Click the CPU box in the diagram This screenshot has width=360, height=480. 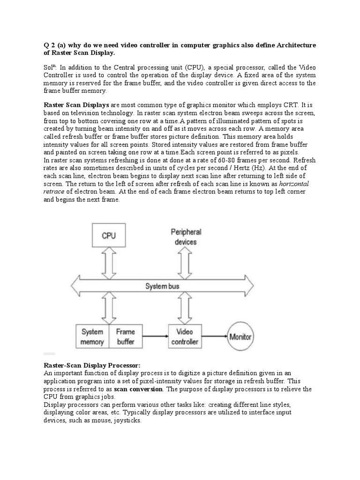[x=109, y=236]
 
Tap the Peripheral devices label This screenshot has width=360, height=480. [x=186, y=237]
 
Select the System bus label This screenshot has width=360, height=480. [x=162, y=286]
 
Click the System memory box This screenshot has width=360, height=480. [x=92, y=337]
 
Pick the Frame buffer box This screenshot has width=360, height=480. [x=125, y=337]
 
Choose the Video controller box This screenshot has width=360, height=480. [x=185, y=337]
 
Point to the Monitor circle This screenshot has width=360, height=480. [x=240, y=337]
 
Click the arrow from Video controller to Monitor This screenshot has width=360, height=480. [x=213, y=337]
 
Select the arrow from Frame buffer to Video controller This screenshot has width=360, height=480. [x=155, y=337]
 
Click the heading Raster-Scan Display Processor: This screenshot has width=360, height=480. [x=92, y=365]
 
